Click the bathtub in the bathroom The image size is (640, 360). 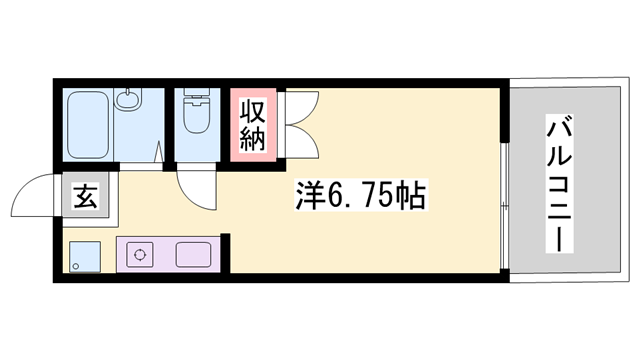tap(88, 124)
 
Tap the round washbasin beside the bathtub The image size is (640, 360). tap(128, 100)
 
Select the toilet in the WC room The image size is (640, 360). tap(197, 111)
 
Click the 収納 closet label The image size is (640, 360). tap(253, 125)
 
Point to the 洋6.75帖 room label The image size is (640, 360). tap(360, 195)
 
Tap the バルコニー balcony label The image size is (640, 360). tap(560, 183)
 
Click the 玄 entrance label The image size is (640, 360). tap(86, 195)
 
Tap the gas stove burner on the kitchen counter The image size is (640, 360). tap(140, 255)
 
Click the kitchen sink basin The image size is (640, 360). tap(193, 255)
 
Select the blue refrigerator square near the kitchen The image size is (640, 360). tap(85, 257)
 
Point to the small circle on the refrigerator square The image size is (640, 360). tap(75, 267)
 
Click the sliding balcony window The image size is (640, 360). tap(505, 206)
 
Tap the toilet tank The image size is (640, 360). tap(197, 95)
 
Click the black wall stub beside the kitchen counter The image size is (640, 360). tap(225, 253)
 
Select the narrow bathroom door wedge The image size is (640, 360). tap(160, 151)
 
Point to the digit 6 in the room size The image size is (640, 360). tap(333, 195)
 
